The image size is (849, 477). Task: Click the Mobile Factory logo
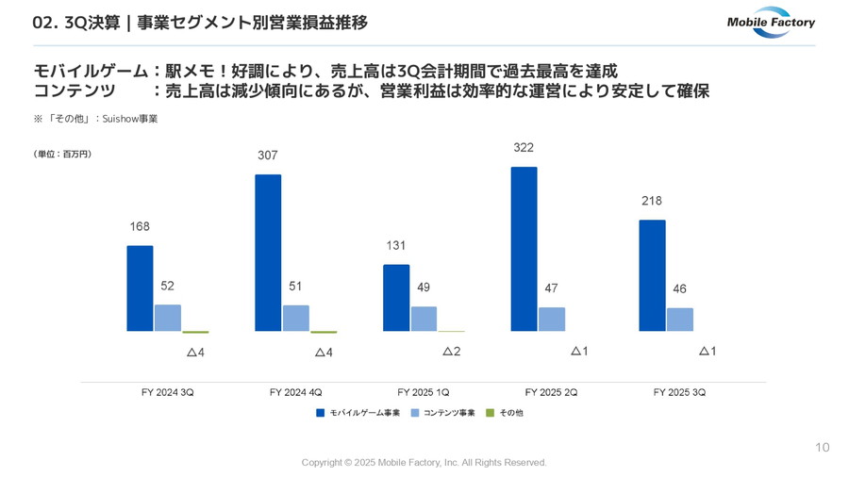[x=770, y=22]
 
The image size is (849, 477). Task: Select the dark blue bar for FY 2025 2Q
[x=524, y=249]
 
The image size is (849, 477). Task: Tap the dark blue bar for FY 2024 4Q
[x=268, y=253]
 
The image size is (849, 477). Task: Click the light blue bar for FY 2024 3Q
[x=168, y=318]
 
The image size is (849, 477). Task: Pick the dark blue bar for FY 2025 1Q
[x=396, y=298]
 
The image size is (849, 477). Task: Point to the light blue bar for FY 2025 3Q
[x=679, y=320]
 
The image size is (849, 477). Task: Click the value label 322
[x=524, y=148]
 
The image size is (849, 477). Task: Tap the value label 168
[x=140, y=226]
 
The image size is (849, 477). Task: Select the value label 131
[x=396, y=246]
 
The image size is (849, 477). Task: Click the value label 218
[x=651, y=201]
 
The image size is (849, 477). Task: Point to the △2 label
[x=451, y=352]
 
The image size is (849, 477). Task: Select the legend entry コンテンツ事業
[x=443, y=413]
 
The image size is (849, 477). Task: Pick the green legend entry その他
[x=505, y=413]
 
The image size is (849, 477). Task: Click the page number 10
[x=822, y=448]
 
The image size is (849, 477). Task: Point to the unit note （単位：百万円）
[x=62, y=153]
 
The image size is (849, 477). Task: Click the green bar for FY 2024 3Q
[x=195, y=332]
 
